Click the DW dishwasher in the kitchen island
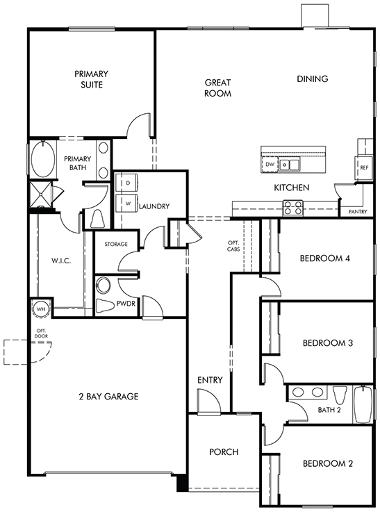(270, 164)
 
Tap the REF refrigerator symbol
(364, 167)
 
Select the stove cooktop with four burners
(293, 208)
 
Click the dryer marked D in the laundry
(127, 183)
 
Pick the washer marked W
(127, 204)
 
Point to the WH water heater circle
(41, 308)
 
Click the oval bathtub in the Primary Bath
(43, 159)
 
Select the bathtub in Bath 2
(363, 404)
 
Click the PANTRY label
(358, 212)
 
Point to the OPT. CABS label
(233, 246)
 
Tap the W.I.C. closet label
(61, 261)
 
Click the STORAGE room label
(116, 244)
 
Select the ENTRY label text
(210, 380)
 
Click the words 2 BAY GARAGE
(108, 397)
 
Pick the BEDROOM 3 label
(328, 343)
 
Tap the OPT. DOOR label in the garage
(41, 333)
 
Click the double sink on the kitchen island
(290, 164)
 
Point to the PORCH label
(224, 452)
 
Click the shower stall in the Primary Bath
(41, 195)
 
